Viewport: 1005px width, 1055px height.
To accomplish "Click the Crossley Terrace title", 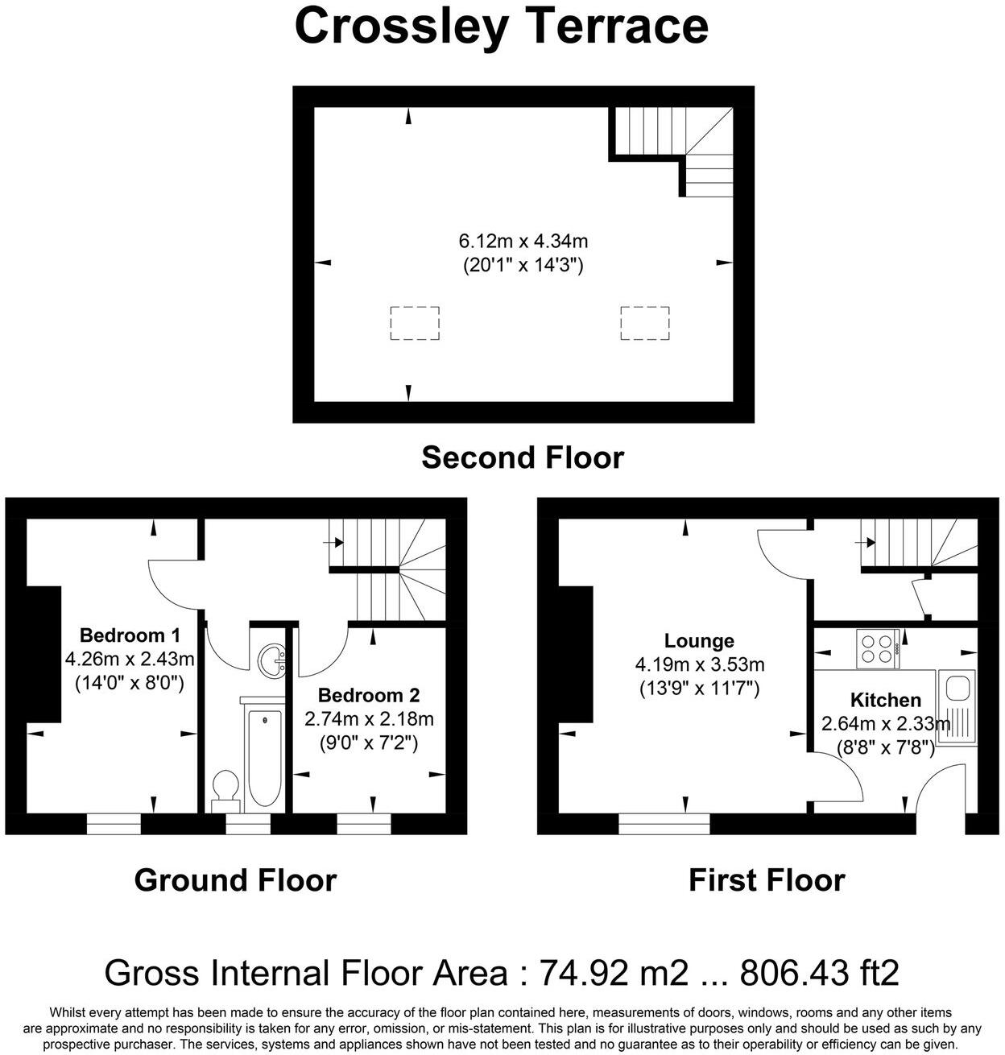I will (501, 26).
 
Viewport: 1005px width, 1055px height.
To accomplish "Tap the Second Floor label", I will (523, 457).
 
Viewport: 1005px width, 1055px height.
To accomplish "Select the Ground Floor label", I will (235, 879).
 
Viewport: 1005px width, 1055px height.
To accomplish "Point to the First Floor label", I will (766, 879).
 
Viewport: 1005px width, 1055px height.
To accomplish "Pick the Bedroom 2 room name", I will (368, 695).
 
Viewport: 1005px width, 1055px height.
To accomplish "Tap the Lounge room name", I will (698, 641).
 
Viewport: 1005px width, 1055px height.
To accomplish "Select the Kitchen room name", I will (885, 700).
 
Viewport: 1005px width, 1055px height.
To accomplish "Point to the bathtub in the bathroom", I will (263, 756).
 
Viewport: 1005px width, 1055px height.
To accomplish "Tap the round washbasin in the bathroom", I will (272, 661).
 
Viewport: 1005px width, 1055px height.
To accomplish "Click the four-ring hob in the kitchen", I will (879, 649).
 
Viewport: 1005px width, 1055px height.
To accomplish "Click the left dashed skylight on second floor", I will (415, 323).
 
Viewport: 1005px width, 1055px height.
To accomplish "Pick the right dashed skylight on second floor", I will (645, 323).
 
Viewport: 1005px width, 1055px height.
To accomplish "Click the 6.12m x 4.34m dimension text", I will (523, 241).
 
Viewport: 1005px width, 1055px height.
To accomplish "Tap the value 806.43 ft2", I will (819, 973).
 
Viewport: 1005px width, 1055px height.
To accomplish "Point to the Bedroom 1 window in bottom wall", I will (114, 824).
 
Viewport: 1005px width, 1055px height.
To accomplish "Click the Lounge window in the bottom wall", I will (664, 824).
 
